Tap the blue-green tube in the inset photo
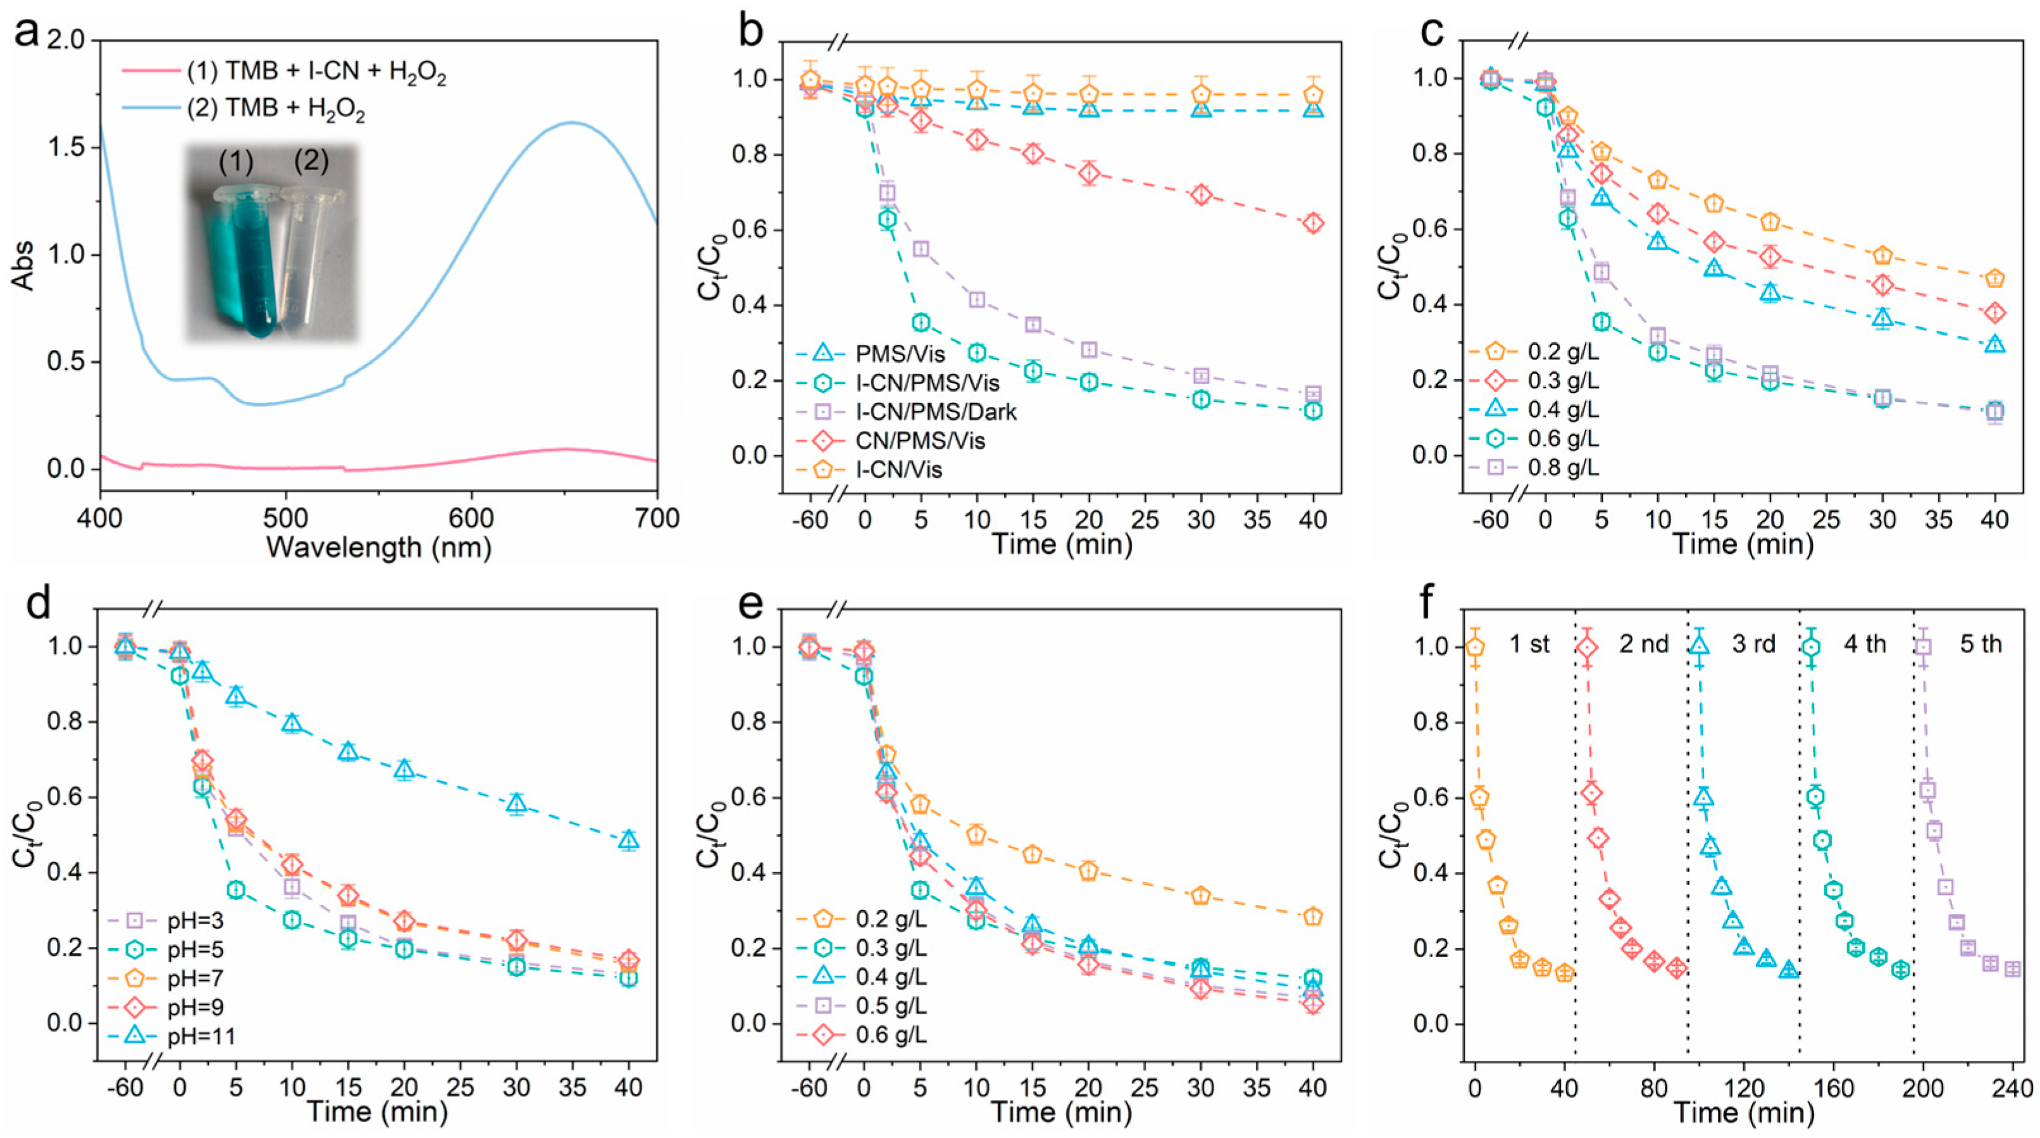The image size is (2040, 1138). coord(251,261)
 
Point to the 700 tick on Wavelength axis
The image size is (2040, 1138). coord(657,519)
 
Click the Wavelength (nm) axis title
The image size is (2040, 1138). coord(378,548)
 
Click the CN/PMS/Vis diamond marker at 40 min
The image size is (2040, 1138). coord(1313,223)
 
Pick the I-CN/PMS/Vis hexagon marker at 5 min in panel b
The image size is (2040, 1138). coord(920,322)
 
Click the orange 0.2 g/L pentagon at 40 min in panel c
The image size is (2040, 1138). coord(1995,278)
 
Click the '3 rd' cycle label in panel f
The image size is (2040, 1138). coord(1753,644)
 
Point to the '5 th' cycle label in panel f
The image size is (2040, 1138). coord(1981,644)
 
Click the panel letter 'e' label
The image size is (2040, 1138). coord(749,605)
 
